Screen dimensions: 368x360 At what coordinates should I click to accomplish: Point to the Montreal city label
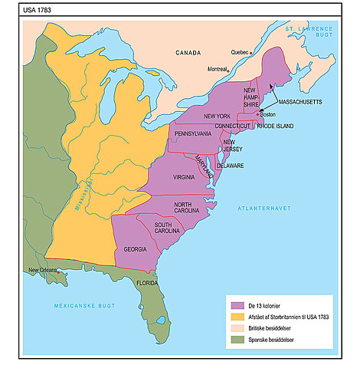pos(218,69)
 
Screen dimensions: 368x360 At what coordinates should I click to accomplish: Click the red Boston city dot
pos(258,113)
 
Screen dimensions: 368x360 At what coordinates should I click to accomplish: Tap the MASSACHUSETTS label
pos(299,101)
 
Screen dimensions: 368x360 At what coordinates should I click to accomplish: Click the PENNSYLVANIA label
pos(193,133)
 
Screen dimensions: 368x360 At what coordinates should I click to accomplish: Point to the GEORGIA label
pos(136,249)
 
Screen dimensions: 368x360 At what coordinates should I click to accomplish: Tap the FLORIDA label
pos(147,282)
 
